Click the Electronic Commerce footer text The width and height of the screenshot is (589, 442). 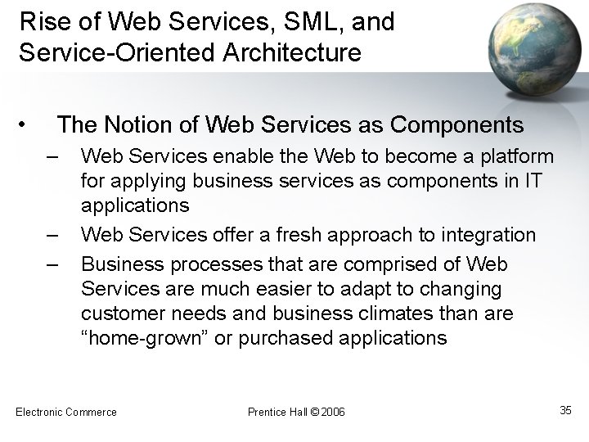[x=67, y=411]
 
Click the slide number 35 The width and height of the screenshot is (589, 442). [x=565, y=410]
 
